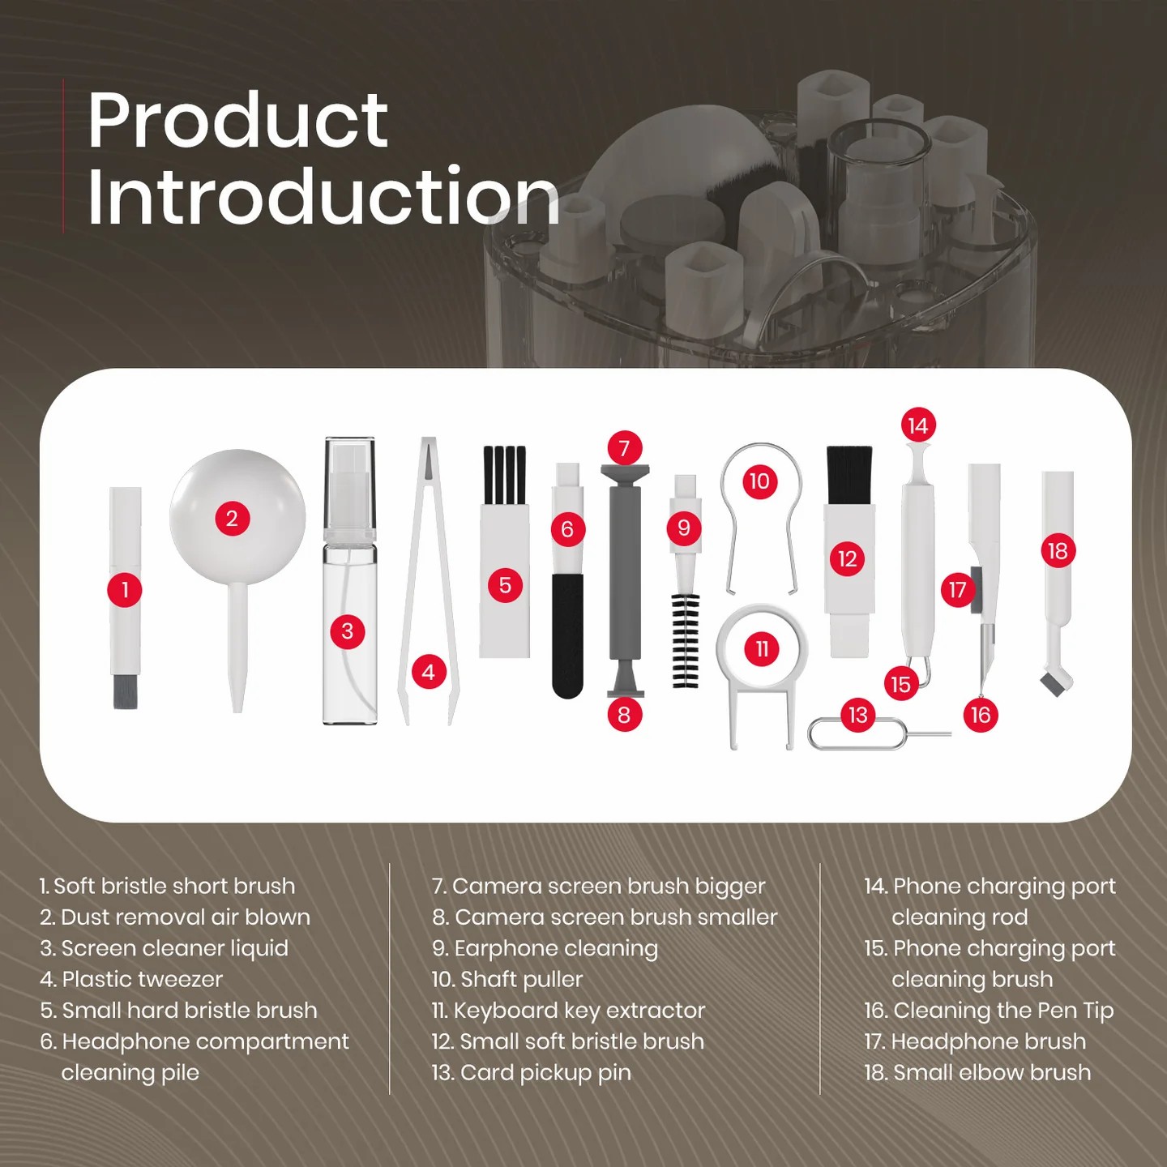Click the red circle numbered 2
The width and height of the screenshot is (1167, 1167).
coord(232,519)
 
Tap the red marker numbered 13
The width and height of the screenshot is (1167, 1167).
coord(858,715)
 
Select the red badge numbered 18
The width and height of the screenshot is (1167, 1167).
coord(1058,551)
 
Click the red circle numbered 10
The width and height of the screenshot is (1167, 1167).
coord(759,481)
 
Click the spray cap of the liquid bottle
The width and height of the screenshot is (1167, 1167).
coord(350,486)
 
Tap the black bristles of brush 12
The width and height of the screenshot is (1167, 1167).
coord(849,474)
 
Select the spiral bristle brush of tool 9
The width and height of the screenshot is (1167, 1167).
coord(685,640)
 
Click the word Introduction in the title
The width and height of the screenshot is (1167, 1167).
coord(323,197)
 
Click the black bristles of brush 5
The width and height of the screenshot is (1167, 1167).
coord(504,474)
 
